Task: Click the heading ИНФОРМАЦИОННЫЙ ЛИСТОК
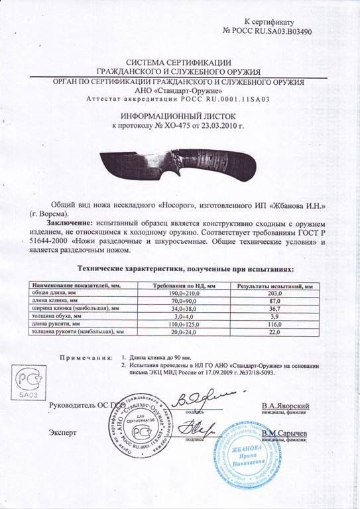pyautogui.click(x=180, y=115)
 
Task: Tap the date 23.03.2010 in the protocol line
pyautogui.click(x=218, y=125)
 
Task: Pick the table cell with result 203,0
pyautogui.click(x=270, y=293)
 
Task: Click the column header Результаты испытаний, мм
pyautogui.click(x=270, y=285)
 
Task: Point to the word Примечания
pyautogui.click(x=85, y=357)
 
